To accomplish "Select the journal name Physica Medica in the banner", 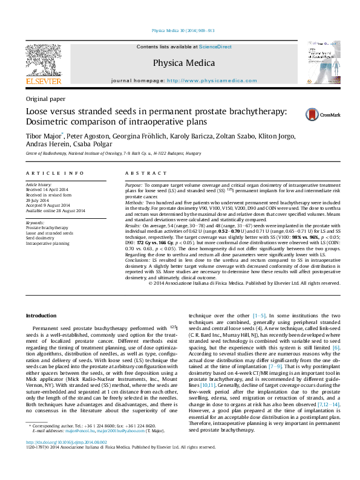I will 183,62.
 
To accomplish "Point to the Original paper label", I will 45,98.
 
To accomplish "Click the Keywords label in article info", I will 35,222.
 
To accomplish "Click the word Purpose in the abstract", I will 134,183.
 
